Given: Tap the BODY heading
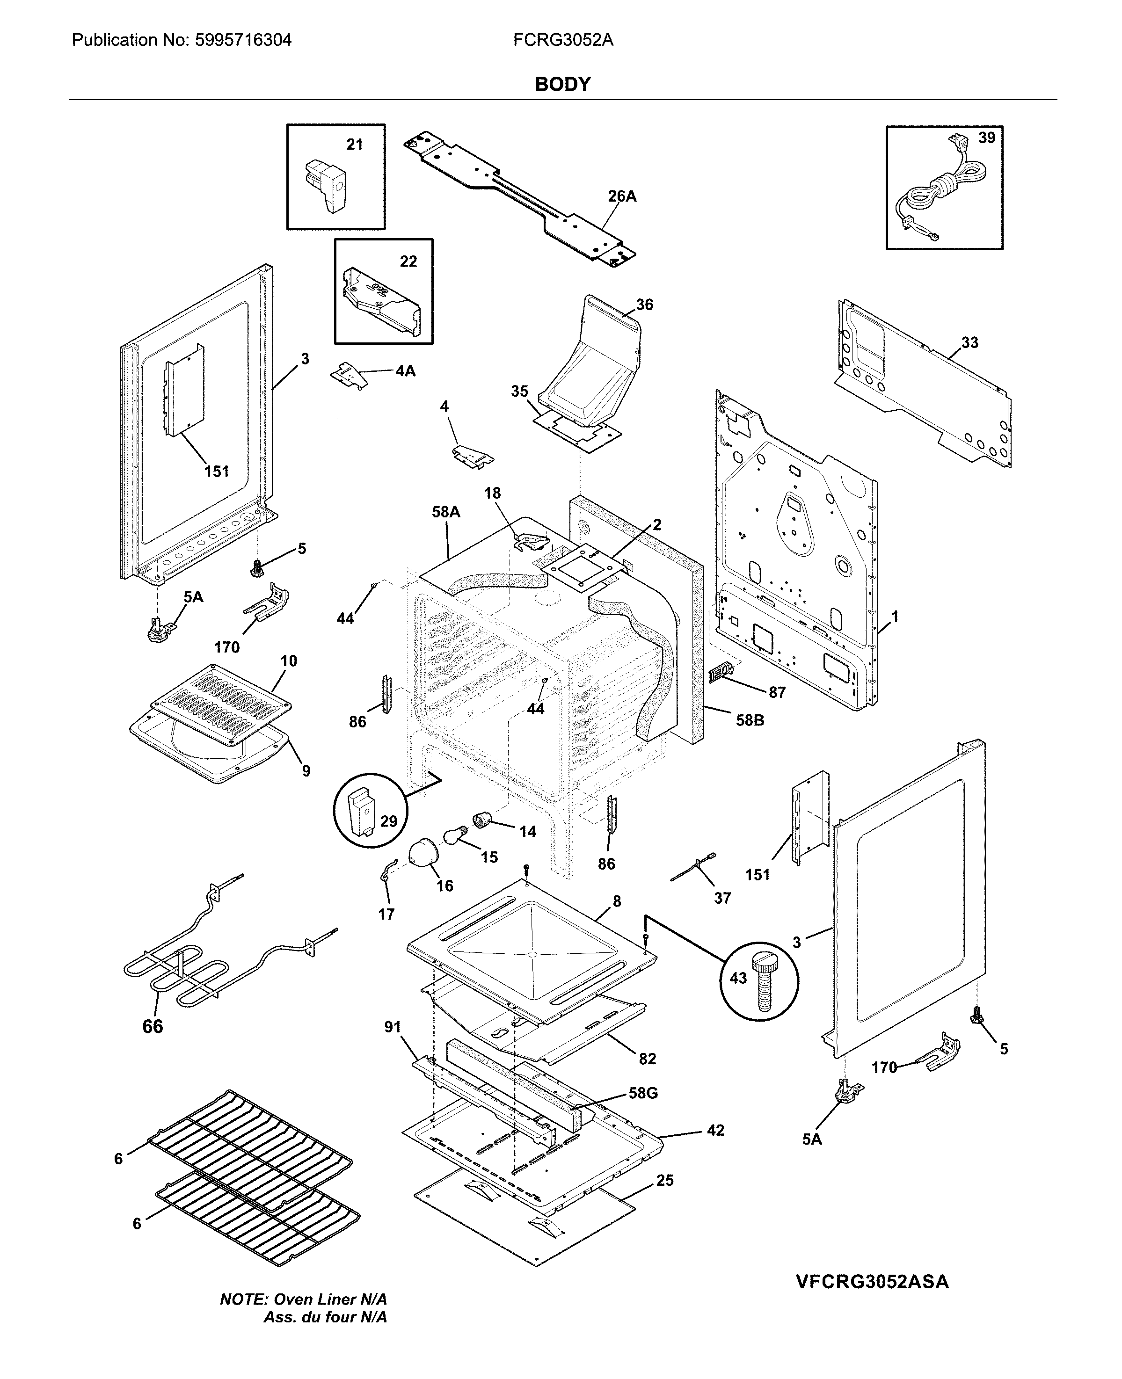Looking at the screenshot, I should click(562, 84).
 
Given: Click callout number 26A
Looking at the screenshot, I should click(622, 196).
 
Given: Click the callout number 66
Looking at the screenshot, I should click(153, 1026).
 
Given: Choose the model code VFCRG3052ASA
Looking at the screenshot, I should click(872, 1281).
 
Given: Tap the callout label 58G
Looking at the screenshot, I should click(643, 1093).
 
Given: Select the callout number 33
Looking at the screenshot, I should click(969, 342).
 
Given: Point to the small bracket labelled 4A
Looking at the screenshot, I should click(349, 376).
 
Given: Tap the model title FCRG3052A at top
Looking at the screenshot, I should click(563, 40).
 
